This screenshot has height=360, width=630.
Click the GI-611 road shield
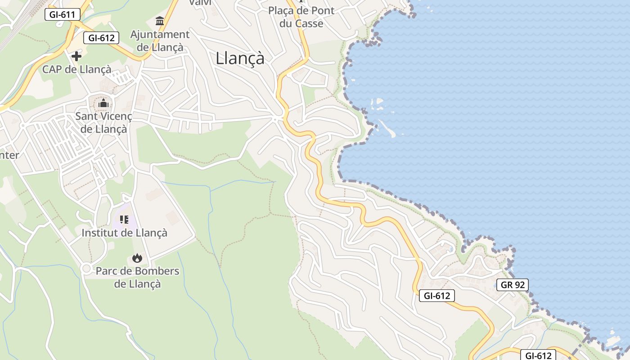click(x=63, y=14)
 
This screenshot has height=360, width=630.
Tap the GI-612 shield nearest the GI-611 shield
click(x=101, y=38)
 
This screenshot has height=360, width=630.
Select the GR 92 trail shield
click(x=513, y=285)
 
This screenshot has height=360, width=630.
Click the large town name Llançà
click(x=240, y=58)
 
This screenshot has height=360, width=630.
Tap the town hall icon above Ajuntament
click(x=160, y=21)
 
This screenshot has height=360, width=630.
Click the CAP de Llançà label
click(x=76, y=69)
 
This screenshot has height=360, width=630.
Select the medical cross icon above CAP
click(x=76, y=56)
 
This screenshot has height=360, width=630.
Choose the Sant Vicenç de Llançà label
click(x=103, y=122)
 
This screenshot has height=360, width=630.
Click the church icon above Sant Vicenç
click(x=103, y=103)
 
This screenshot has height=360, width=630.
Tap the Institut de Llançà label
click(x=124, y=233)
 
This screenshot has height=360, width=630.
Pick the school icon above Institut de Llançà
click(x=124, y=220)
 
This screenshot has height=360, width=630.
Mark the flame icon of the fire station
click(x=137, y=258)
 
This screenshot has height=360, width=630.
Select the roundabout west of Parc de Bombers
click(x=86, y=269)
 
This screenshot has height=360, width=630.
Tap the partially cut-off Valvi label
click(x=200, y=3)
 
